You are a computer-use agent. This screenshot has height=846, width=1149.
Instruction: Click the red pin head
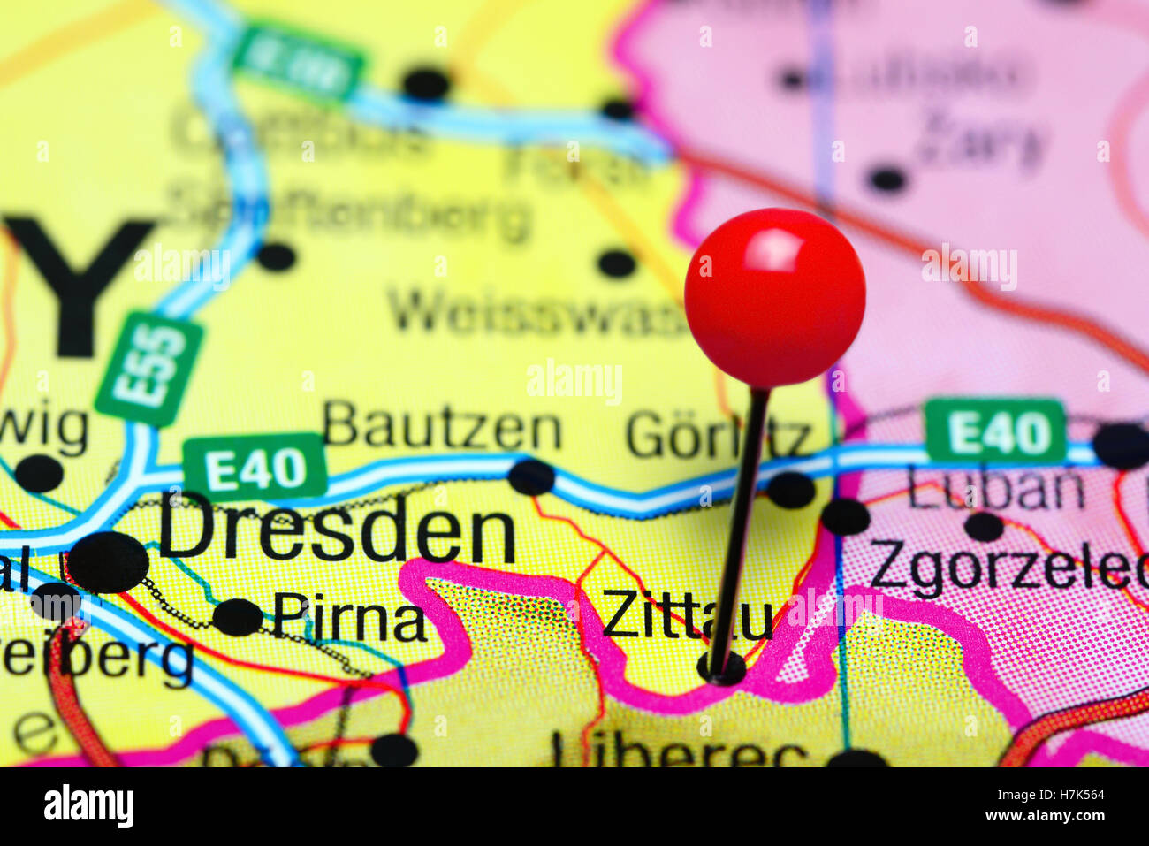tap(774, 297)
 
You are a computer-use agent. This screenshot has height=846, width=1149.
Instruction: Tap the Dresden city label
tap(337, 530)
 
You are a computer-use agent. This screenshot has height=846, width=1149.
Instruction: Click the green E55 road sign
tap(149, 368)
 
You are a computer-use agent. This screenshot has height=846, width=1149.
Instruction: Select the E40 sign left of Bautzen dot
tap(255, 466)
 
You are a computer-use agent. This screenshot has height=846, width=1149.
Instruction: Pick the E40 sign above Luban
tap(995, 431)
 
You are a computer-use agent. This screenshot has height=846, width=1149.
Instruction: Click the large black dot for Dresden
tap(109, 562)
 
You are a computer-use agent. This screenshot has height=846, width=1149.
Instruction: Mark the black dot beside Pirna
tap(238, 617)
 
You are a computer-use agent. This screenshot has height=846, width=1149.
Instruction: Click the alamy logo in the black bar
tap(88, 806)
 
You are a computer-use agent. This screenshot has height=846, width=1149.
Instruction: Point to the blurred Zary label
tap(981, 141)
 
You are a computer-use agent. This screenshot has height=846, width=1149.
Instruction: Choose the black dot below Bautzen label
tap(531, 477)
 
